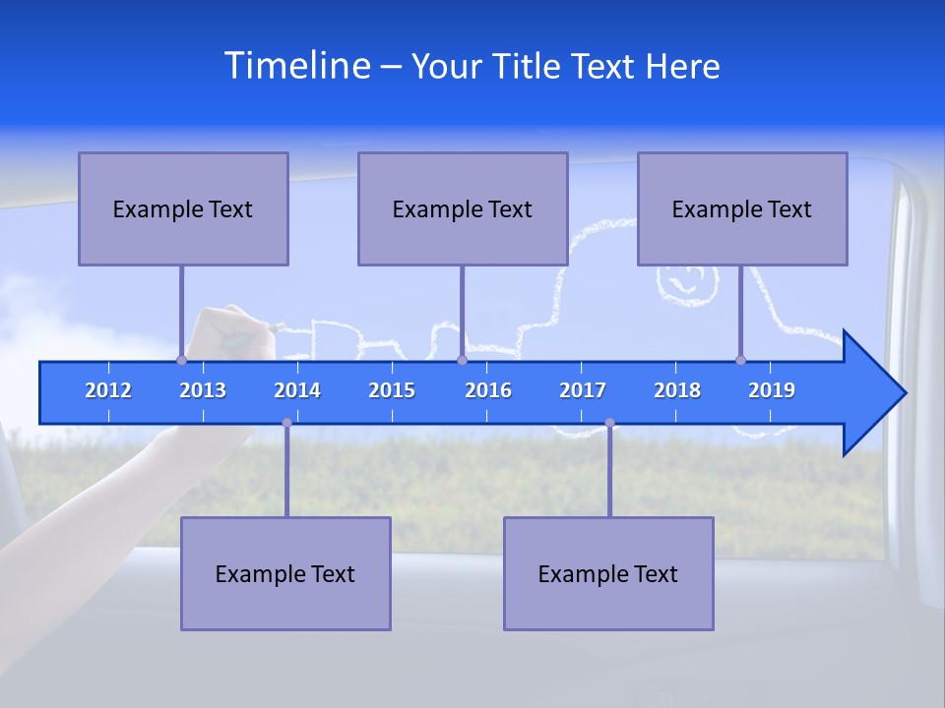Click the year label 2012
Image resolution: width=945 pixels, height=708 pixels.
point(108,390)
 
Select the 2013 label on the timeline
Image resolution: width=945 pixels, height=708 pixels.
point(203,390)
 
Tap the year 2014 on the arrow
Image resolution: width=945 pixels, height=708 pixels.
point(297,390)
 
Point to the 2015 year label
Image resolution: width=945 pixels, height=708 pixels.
point(392,390)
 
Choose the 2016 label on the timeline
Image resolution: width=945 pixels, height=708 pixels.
point(488,390)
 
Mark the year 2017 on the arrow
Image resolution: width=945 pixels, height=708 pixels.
point(583,390)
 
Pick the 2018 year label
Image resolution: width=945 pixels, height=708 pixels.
point(677,390)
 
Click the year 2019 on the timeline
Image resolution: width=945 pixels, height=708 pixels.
point(772,390)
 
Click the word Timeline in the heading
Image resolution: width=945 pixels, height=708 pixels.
point(296,66)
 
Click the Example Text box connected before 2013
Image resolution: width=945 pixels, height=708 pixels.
point(183,208)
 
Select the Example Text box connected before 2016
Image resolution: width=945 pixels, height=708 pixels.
point(463,208)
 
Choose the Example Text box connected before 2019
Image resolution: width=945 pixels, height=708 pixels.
point(742,208)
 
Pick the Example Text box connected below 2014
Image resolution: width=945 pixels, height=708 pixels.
point(285,573)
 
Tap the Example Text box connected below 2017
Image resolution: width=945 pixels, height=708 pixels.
point(608,573)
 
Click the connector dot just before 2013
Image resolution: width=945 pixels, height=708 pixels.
point(181,361)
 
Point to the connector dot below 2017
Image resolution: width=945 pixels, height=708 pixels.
point(609,423)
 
